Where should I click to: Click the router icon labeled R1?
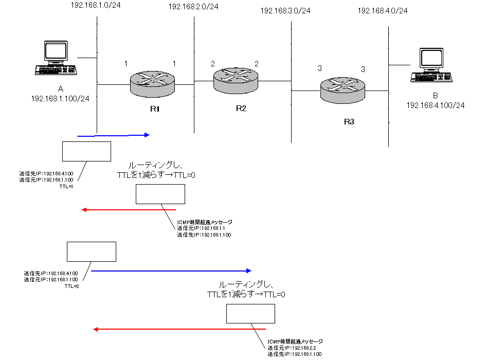pyautogui.click(x=152, y=84)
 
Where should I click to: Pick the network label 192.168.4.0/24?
pyautogui.click(x=383, y=11)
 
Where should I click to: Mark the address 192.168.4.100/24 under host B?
pyautogui.click(x=436, y=105)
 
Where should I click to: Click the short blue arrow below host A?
pyautogui.click(x=113, y=135)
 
